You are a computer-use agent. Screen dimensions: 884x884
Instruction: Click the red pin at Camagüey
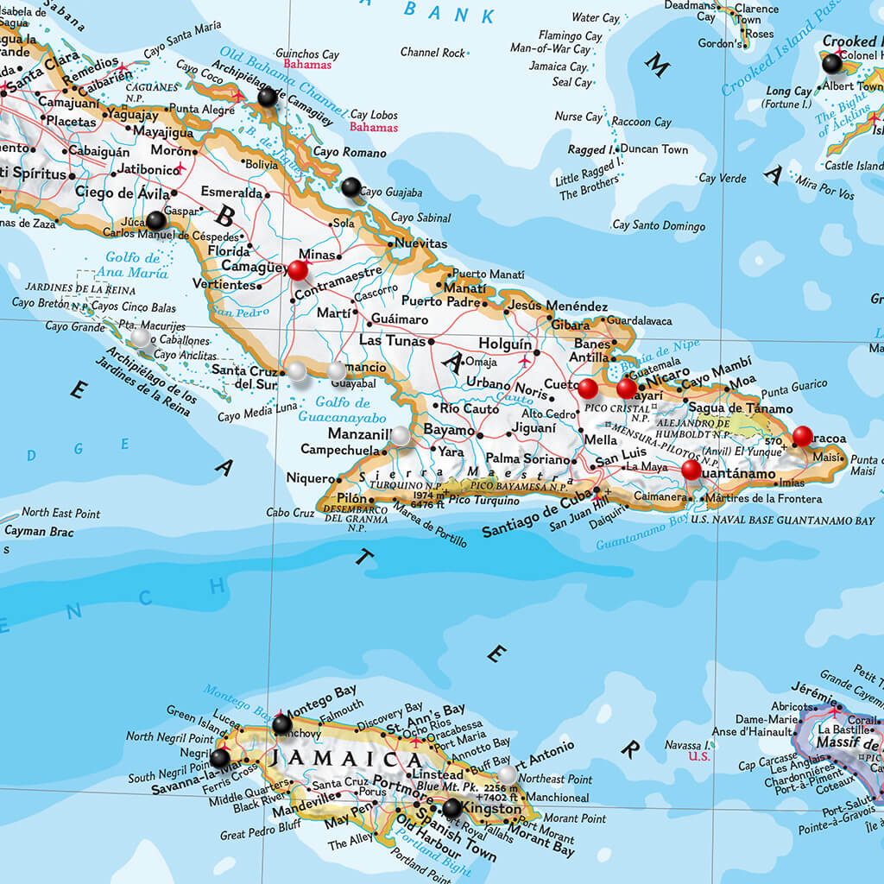pyautogui.click(x=298, y=270)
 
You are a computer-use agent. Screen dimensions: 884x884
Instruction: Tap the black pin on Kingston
pyautogui.click(x=451, y=808)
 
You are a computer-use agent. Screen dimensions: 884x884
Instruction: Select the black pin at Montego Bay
pyautogui.click(x=282, y=723)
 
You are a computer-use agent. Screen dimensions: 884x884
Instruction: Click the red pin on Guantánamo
pyautogui.click(x=691, y=470)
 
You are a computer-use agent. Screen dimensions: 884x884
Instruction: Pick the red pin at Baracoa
pyautogui.click(x=803, y=436)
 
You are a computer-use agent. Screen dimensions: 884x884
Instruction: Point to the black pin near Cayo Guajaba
pyautogui.click(x=350, y=186)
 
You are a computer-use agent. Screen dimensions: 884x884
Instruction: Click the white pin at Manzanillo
pyautogui.click(x=401, y=436)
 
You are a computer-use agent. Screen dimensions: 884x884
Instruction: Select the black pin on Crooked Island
pyautogui.click(x=831, y=63)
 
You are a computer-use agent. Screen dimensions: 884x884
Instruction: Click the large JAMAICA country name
pyautogui.click(x=344, y=761)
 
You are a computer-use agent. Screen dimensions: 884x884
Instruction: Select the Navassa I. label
pyautogui.click(x=688, y=744)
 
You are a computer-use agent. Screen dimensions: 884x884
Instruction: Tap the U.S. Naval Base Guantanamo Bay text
pyautogui.click(x=783, y=521)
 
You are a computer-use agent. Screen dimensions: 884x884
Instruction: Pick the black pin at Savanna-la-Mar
pyautogui.click(x=220, y=757)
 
